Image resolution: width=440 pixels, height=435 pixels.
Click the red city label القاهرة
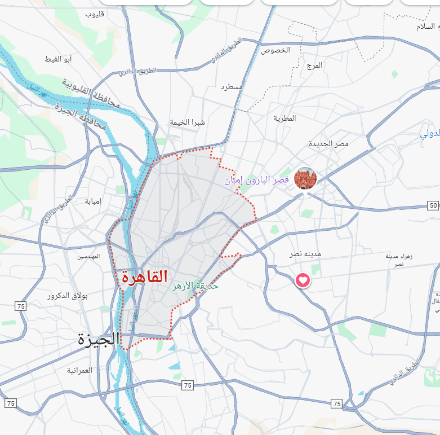144,276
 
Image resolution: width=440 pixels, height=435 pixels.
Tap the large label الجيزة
99,340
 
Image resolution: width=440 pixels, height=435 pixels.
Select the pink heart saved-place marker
303,280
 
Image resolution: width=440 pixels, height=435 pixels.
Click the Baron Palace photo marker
305,178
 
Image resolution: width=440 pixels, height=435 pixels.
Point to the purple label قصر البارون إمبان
257,181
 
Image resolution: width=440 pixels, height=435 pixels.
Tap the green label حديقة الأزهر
195,286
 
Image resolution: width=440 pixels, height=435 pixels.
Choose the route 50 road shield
433,205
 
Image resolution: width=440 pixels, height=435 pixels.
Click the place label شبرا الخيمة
188,122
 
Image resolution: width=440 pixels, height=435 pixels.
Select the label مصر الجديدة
328,144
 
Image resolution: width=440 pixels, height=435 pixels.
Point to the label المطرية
285,118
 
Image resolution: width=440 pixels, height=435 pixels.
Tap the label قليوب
96,14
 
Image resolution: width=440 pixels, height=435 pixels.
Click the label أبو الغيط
58,59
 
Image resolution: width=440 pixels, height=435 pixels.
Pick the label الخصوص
275,50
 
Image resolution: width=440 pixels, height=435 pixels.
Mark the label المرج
314,65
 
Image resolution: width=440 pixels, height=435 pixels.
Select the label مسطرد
232,87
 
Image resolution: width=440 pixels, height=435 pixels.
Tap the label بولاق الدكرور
64,296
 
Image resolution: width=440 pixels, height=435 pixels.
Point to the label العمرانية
79,370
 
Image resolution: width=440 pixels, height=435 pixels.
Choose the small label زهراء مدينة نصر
399,260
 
